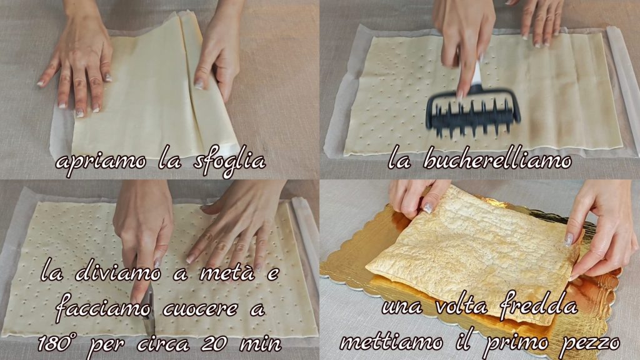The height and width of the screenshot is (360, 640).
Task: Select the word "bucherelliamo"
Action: click(x=497, y=159)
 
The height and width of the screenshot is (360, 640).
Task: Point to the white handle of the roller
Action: click(x=476, y=74)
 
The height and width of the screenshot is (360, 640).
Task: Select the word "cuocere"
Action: click(x=200, y=309)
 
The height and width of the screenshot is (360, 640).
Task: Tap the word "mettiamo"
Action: click(x=391, y=342)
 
